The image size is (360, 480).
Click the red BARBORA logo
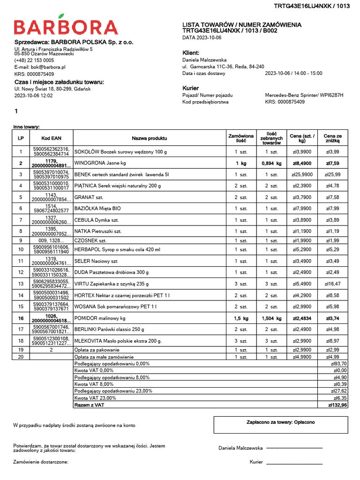[x=66, y=27]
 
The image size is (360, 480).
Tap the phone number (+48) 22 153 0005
[x=34, y=60]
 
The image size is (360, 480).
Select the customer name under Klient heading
[x=204, y=60]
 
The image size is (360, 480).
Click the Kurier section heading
[x=190, y=88]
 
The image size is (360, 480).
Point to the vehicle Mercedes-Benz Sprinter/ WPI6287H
[x=304, y=95]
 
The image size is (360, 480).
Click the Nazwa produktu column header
[x=149, y=138]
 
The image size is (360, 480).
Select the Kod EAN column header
[x=51, y=138]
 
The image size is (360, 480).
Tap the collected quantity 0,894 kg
[x=271, y=164]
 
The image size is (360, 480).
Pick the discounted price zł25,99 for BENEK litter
[x=333, y=174]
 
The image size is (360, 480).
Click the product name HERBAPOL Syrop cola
[x=117, y=250]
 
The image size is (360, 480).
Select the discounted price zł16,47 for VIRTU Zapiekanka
[x=332, y=284]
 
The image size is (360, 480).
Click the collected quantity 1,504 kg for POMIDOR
[x=271, y=318]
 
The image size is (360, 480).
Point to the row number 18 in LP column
[x=21, y=341]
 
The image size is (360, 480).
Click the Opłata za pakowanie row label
[x=97, y=350]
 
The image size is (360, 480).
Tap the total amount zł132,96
[x=337, y=405]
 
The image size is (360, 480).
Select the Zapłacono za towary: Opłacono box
[x=281, y=424]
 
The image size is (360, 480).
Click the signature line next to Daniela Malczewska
[x=294, y=449]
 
